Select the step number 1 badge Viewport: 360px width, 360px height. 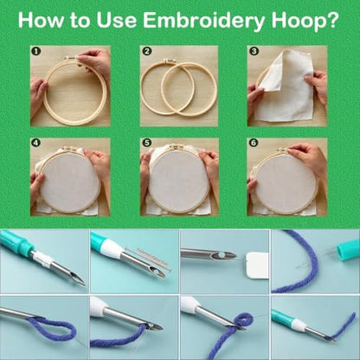36,52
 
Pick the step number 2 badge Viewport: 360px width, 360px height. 147,51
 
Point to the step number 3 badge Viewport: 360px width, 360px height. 254,51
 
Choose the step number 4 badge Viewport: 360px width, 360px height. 36,143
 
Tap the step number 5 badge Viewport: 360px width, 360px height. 147,143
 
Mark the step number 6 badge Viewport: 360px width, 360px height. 254,143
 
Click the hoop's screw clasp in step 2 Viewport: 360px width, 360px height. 170,61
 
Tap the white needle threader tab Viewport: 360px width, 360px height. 258,264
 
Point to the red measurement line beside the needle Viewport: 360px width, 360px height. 152,259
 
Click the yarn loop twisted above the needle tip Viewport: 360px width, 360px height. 243,320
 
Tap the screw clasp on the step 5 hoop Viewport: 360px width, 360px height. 176,148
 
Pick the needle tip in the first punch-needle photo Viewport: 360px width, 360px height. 84,285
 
